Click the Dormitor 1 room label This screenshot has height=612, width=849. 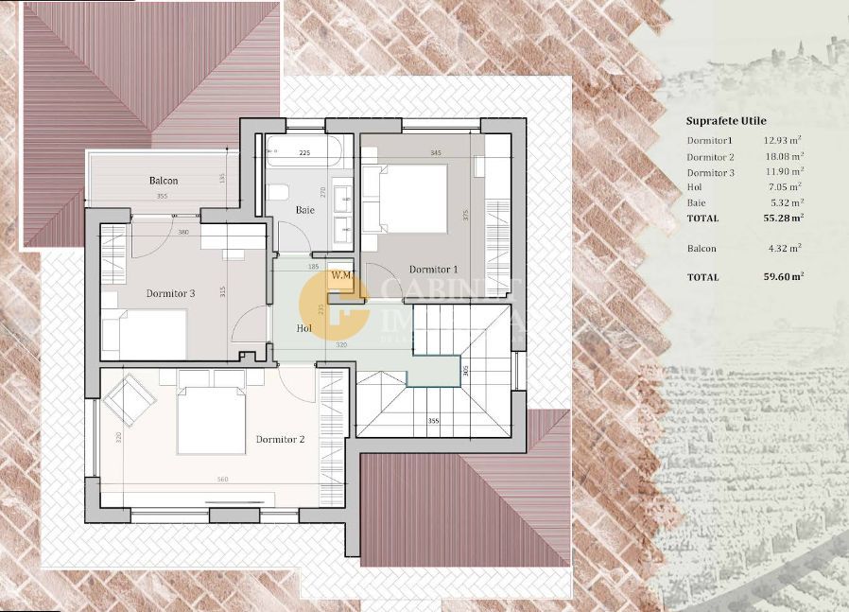pyautogui.click(x=433, y=270)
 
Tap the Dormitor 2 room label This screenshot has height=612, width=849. pyautogui.click(x=280, y=439)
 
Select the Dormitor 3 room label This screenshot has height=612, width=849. pyautogui.click(x=170, y=293)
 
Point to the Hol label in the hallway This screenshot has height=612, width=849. pyautogui.click(x=304, y=328)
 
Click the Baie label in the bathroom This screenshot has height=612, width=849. pyautogui.click(x=305, y=209)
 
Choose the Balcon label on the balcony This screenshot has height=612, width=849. pyautogui.click(x=163, y=181)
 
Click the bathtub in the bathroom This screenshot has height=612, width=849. pyautogui.click(x=304, y=150)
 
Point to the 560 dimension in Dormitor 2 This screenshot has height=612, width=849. pyautogui.click(x=222, y=480)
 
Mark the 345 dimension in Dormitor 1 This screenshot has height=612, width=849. pyautogui.click(x=435, y=152)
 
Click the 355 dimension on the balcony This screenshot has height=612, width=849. pyautogui.click(x=162, y=196)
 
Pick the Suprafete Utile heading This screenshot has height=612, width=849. pyautogui.click(x=726, y=121)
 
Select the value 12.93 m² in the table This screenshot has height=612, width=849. pyautogui.click(x=784, y=141)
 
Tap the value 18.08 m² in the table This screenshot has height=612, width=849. pyautogui.click(x=784, y=157)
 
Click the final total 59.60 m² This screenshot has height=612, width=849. pyautogui.click(x=784, y=277)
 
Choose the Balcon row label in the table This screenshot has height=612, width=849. pyautogui.click(x=702, y=249)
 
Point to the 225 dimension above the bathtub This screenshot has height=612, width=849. pyautogui.click(x=304, y=152)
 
